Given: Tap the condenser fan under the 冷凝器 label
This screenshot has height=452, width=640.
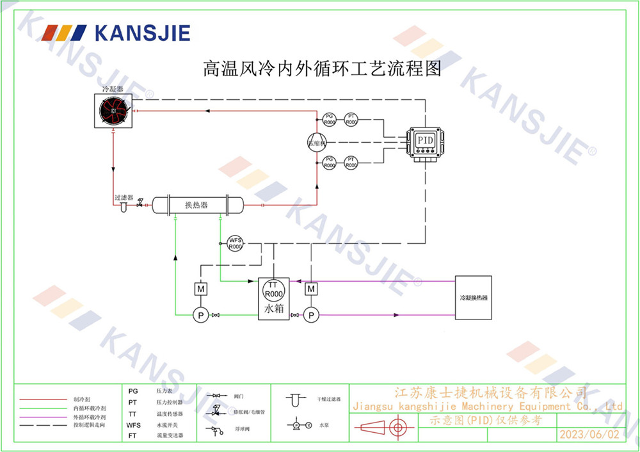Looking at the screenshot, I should tap(114, 111).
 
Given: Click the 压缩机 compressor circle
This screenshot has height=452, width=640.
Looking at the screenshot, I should tap(317, 142).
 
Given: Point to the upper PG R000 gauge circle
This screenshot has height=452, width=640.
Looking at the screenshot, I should tap(330, 118).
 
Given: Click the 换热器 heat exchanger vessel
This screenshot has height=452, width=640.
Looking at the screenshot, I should tap(196, 205).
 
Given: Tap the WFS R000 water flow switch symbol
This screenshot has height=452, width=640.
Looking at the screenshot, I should tap(236, 243).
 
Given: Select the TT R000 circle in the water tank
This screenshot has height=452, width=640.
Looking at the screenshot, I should tap(274, 290).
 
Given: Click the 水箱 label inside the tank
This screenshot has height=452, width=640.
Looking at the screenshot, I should tap(273, 309).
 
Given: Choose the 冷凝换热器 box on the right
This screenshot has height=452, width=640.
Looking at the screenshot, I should tap(473, 298).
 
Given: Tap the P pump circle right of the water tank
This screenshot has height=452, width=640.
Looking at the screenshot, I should tap(311, 315).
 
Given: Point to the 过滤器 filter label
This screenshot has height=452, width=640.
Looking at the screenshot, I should tap(124, 198).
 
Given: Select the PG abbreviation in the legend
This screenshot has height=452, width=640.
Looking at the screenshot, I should tap(133, 391).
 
